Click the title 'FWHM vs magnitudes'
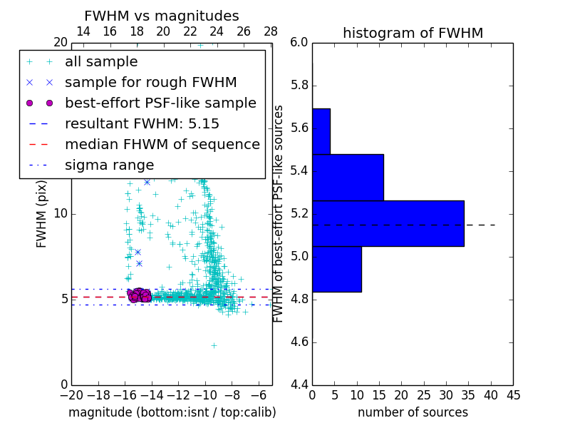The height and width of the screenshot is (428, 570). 162,16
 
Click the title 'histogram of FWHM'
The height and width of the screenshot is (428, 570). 413,33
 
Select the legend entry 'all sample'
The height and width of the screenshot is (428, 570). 101,62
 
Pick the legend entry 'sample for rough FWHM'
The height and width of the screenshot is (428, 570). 150,83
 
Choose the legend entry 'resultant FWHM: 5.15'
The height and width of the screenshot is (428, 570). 142,124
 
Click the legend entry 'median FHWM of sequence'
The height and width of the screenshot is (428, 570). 162,145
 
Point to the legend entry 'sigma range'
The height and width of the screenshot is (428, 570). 109,165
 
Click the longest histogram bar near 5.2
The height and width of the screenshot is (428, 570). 388,223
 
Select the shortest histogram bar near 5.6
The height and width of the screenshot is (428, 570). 321,131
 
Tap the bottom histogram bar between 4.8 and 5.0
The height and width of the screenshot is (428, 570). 336,269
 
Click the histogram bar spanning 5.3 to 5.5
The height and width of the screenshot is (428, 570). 348,178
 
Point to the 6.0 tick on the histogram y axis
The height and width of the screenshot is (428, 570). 299,43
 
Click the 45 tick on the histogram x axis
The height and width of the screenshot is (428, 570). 512,394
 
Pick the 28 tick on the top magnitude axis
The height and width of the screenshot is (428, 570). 271,32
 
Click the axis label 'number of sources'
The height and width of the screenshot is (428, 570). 413,412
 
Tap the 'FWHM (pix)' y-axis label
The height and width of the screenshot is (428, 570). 42,213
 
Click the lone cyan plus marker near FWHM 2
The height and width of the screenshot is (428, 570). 214,345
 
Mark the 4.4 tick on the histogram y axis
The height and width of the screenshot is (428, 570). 299,384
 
